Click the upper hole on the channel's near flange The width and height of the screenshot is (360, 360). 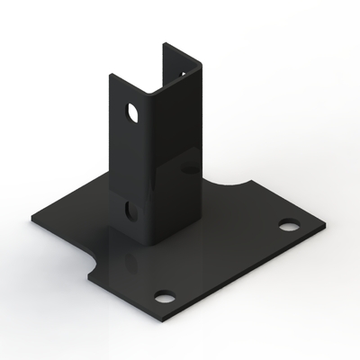coord(133,114)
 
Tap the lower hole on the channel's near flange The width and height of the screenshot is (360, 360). coord(131,211)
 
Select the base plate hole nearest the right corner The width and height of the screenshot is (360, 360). coord(288,224)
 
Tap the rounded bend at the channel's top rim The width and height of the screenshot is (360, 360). coord(145,93)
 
